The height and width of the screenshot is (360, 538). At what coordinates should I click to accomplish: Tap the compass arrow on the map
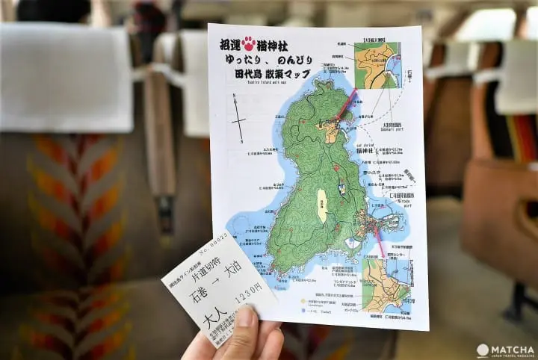[x=238, y=120]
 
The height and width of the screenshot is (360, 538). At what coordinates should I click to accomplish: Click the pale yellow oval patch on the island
[x=322, y=205]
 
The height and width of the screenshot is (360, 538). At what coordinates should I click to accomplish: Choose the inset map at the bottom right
[x=386, y=284]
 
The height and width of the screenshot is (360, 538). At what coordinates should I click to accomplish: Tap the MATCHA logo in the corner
[x=505, y=350]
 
